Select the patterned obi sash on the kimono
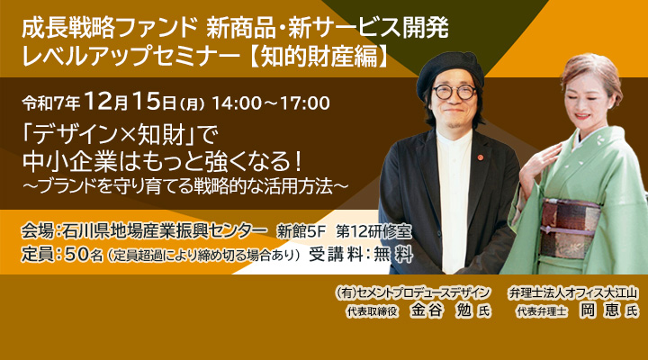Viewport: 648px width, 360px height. [569, 226]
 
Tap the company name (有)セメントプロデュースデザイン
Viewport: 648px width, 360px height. [410, 292]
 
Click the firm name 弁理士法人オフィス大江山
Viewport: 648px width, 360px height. [572, 292]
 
